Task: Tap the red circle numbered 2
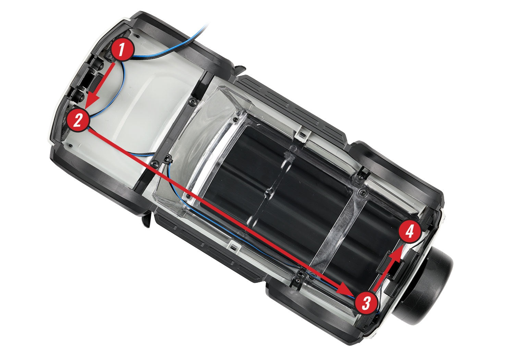tap(78, 120)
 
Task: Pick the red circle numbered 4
tap(410, 231)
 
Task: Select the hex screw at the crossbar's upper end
tap(192, 101)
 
